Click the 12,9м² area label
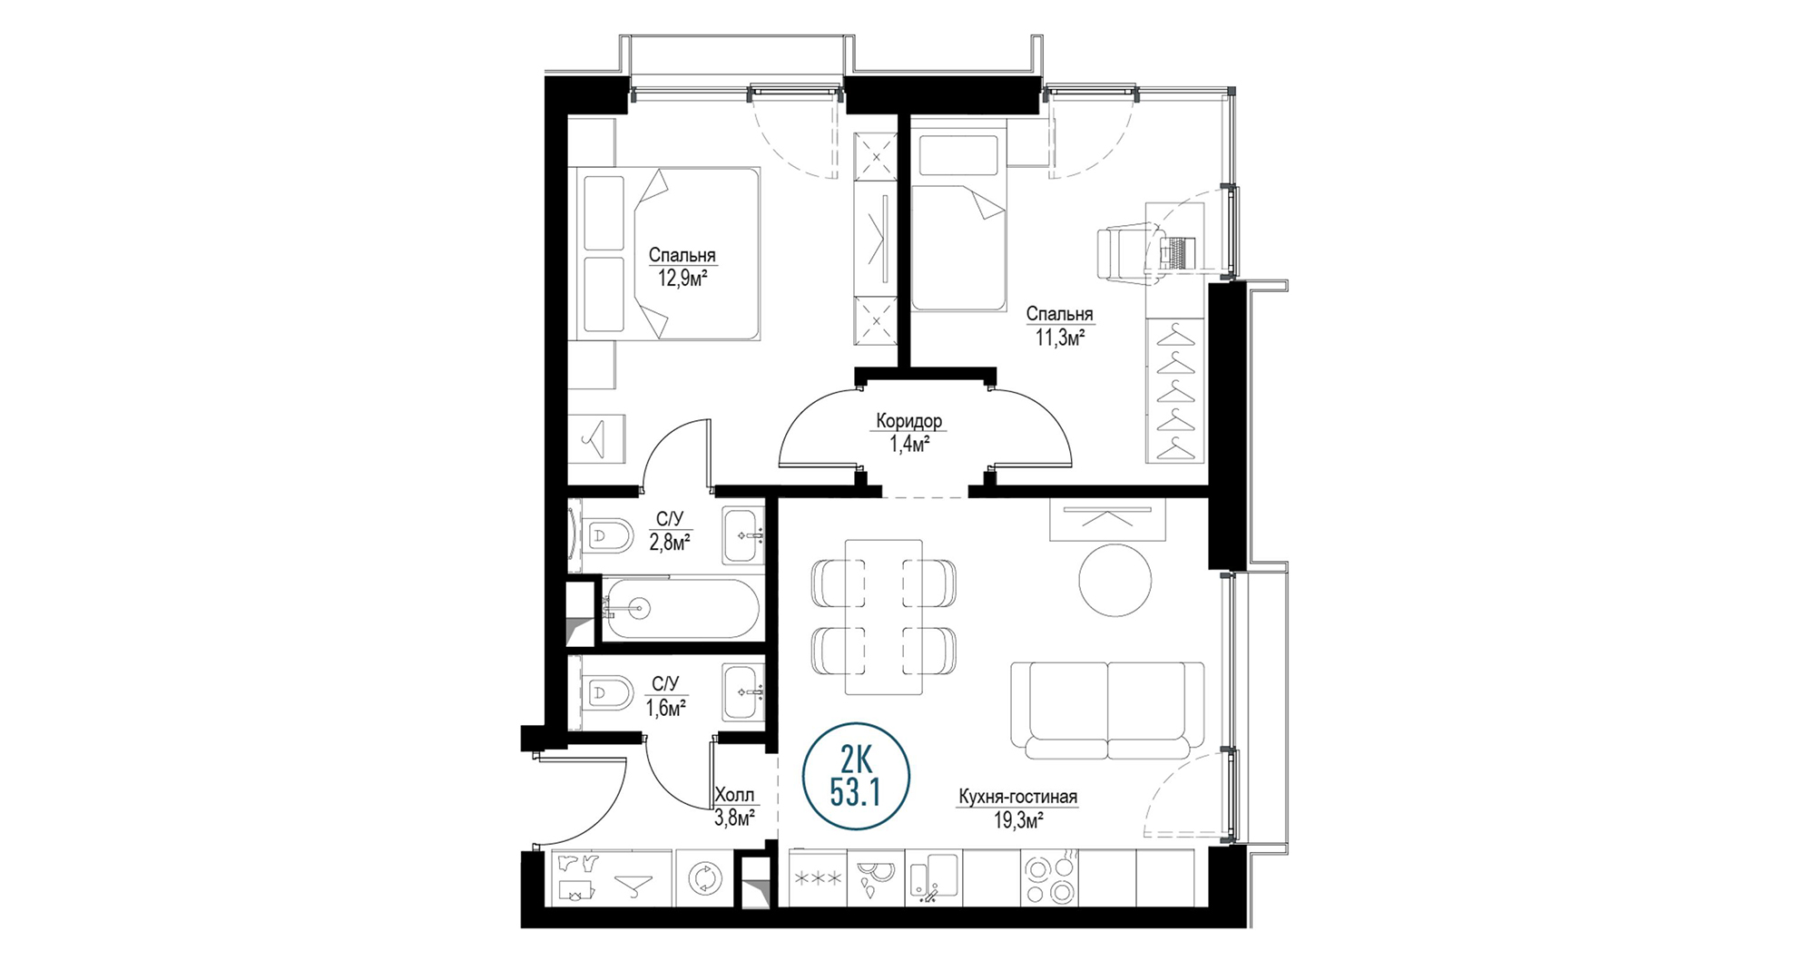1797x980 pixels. (682, 279)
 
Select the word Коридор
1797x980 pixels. (908, 421)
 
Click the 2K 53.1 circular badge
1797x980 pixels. (856, 776)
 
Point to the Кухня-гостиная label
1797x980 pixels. (1017, 798)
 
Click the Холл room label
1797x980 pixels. (734, 796)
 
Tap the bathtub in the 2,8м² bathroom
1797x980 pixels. (682, 609)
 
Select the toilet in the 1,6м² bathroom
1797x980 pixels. (608, 694)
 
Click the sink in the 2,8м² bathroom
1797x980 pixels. (744, 535)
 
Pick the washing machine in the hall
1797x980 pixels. (702, 878)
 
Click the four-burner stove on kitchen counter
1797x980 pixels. (1050, 878)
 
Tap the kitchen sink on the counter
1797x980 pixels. (934, 878)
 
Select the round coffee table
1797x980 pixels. (1115, 580)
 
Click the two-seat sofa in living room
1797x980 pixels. (1108, 710)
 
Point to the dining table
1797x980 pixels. (883, 617)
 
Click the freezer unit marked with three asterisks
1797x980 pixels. (818, 878)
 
